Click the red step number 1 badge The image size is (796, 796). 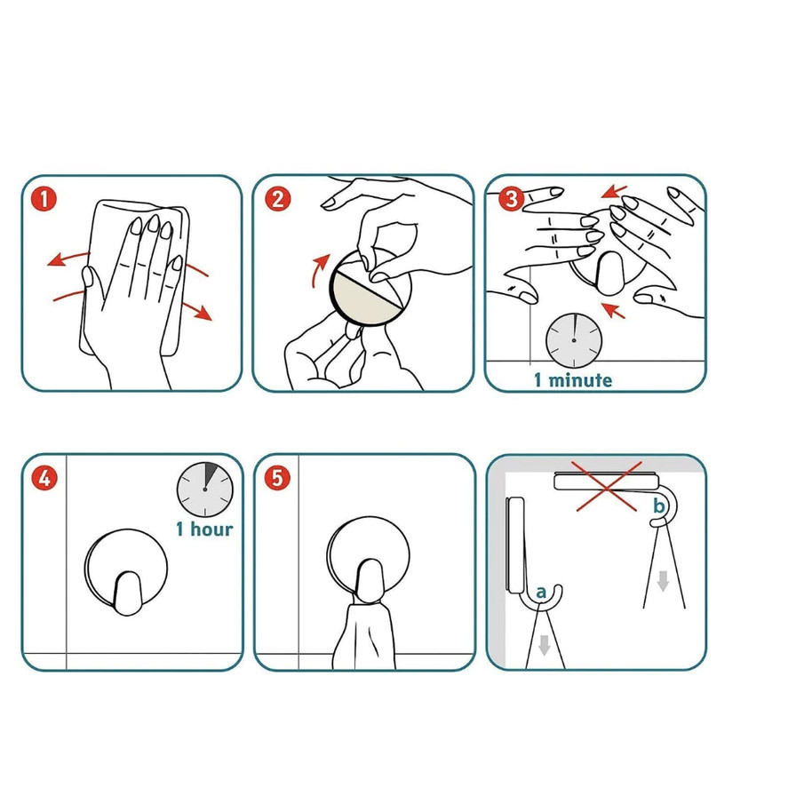[44, 200]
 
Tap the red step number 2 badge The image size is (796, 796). [277, 199]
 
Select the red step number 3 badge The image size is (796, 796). [510, 199]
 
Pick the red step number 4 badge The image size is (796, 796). [44, 478]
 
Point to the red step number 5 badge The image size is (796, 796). [277, 478]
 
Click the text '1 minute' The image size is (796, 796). [573, 380]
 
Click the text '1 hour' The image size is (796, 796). [204, 529]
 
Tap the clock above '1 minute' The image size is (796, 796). [574, 340]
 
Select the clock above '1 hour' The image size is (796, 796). [205, 490]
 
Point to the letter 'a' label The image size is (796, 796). [541, 592]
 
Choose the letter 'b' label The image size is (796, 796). [658, 505]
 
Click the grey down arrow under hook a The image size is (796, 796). [545, 645]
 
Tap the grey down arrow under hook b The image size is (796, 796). [663, 581]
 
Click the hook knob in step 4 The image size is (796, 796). [127, 593]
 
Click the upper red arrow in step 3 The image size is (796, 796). [614, 192]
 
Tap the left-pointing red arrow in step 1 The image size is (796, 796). [68, 258]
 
